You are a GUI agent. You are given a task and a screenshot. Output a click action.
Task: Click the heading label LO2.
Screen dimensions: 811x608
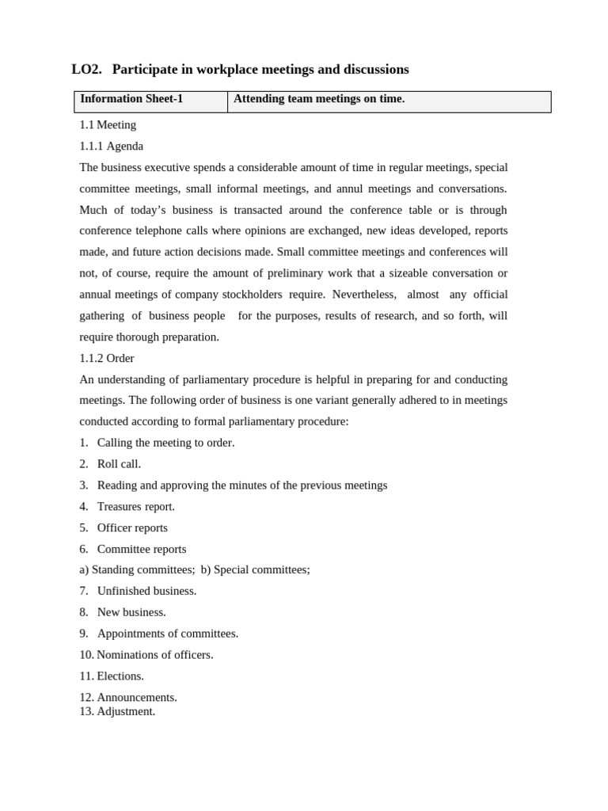click(86, 70)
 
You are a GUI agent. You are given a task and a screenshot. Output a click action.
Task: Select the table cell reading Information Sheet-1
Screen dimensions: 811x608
click(131, 99)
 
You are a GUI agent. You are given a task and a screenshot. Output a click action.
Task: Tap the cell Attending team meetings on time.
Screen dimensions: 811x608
click(318, 99)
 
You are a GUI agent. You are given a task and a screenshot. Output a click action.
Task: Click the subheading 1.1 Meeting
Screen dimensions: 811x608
click(108, 125)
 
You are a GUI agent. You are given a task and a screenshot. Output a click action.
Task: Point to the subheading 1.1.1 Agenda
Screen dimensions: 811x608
click(112, 147)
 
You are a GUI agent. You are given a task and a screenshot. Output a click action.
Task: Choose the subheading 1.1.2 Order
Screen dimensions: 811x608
click(107, 359)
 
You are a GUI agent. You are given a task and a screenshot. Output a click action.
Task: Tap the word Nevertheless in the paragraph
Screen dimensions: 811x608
click(363, 295)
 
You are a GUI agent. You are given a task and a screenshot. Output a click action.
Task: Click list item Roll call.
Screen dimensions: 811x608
click(119, 464)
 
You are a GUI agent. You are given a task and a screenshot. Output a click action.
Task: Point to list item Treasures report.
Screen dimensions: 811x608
click(135, 507)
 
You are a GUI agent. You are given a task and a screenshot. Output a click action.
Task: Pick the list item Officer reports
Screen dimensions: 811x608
click(132, 528)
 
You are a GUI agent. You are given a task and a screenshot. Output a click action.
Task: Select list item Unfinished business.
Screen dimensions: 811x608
click(146, 592)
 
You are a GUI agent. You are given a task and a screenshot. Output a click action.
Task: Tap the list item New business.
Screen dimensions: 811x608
click(131, 613)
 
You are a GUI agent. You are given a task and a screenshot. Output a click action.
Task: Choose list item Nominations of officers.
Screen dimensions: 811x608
click(154, 656)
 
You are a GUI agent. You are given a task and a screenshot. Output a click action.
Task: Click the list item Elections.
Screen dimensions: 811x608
click(120, 677)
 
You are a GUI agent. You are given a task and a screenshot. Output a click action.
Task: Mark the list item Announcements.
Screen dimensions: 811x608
click(136, 698)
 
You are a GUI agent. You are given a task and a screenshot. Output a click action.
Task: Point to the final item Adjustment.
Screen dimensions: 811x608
click(125, 712)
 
